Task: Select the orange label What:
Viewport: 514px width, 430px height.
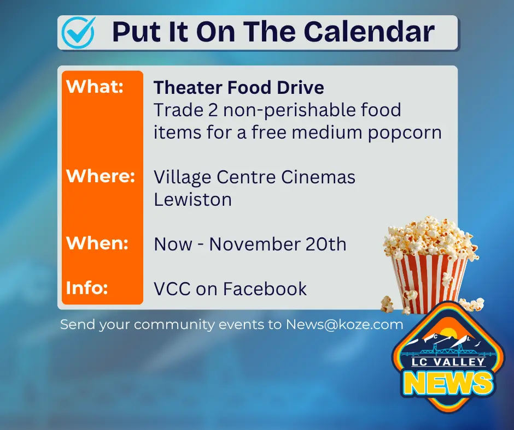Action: (x=95, y=87)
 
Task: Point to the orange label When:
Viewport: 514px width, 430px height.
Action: (x=97, y=242)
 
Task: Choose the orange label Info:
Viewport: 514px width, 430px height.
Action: (x=86, y=288)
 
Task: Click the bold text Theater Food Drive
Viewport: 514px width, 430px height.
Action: (x=239, y=87)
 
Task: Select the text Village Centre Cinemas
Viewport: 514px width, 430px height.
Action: (x=254, y=177)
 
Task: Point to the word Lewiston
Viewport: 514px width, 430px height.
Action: (x=192, y=199)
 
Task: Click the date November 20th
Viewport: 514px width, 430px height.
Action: (x=278, y=244)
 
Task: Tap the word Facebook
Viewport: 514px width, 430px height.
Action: (x=265, y=289)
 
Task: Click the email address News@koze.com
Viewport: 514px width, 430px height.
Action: (x=344, y=325)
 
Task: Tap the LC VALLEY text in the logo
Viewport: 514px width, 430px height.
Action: (x=443, y=362)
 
